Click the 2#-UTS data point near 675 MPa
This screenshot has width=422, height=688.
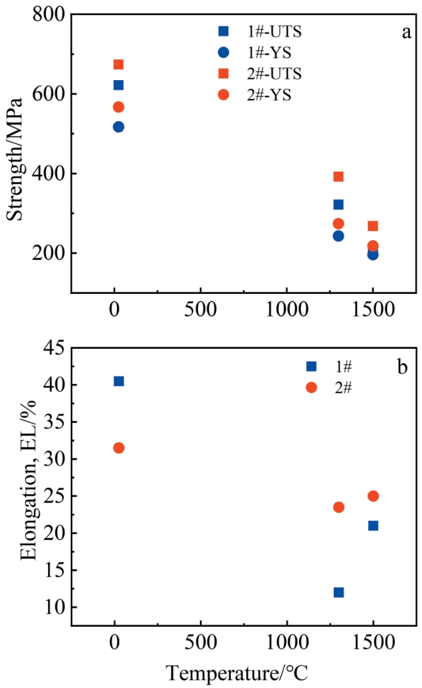click(118, 64)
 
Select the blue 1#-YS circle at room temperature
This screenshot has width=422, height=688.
click(118, 127)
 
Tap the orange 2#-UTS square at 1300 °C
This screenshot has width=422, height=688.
click(338, 177)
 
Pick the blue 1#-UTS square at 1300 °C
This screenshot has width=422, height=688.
click(338, 204)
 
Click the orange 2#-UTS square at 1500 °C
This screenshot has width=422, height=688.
click(373, 226)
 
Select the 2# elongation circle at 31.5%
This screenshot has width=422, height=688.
click(118, 448)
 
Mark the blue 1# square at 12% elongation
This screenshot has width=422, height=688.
click(338, 592)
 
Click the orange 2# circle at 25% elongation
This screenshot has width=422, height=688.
click(373, 496)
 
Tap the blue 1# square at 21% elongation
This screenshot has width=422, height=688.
click(373, 525)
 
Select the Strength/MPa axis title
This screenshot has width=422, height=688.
click(16, 158)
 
